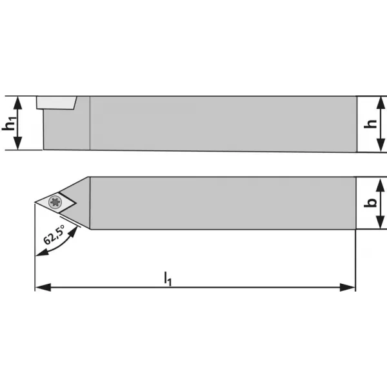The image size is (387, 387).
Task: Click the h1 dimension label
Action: coord(10,123)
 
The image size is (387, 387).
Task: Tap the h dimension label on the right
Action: coord(370,124)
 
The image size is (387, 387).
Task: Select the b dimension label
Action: coord(370,203)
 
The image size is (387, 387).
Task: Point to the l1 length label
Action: coord(168,279)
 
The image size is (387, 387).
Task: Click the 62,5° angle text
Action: coord(54,235)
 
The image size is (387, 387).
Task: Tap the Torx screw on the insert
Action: coord(55,202)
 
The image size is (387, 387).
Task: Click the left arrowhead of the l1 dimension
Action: coord(43,287)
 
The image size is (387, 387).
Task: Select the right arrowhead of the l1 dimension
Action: coord(348,287)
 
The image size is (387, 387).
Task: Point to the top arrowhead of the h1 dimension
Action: coord(17,103)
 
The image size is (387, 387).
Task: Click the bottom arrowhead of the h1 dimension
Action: coord(17,143)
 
